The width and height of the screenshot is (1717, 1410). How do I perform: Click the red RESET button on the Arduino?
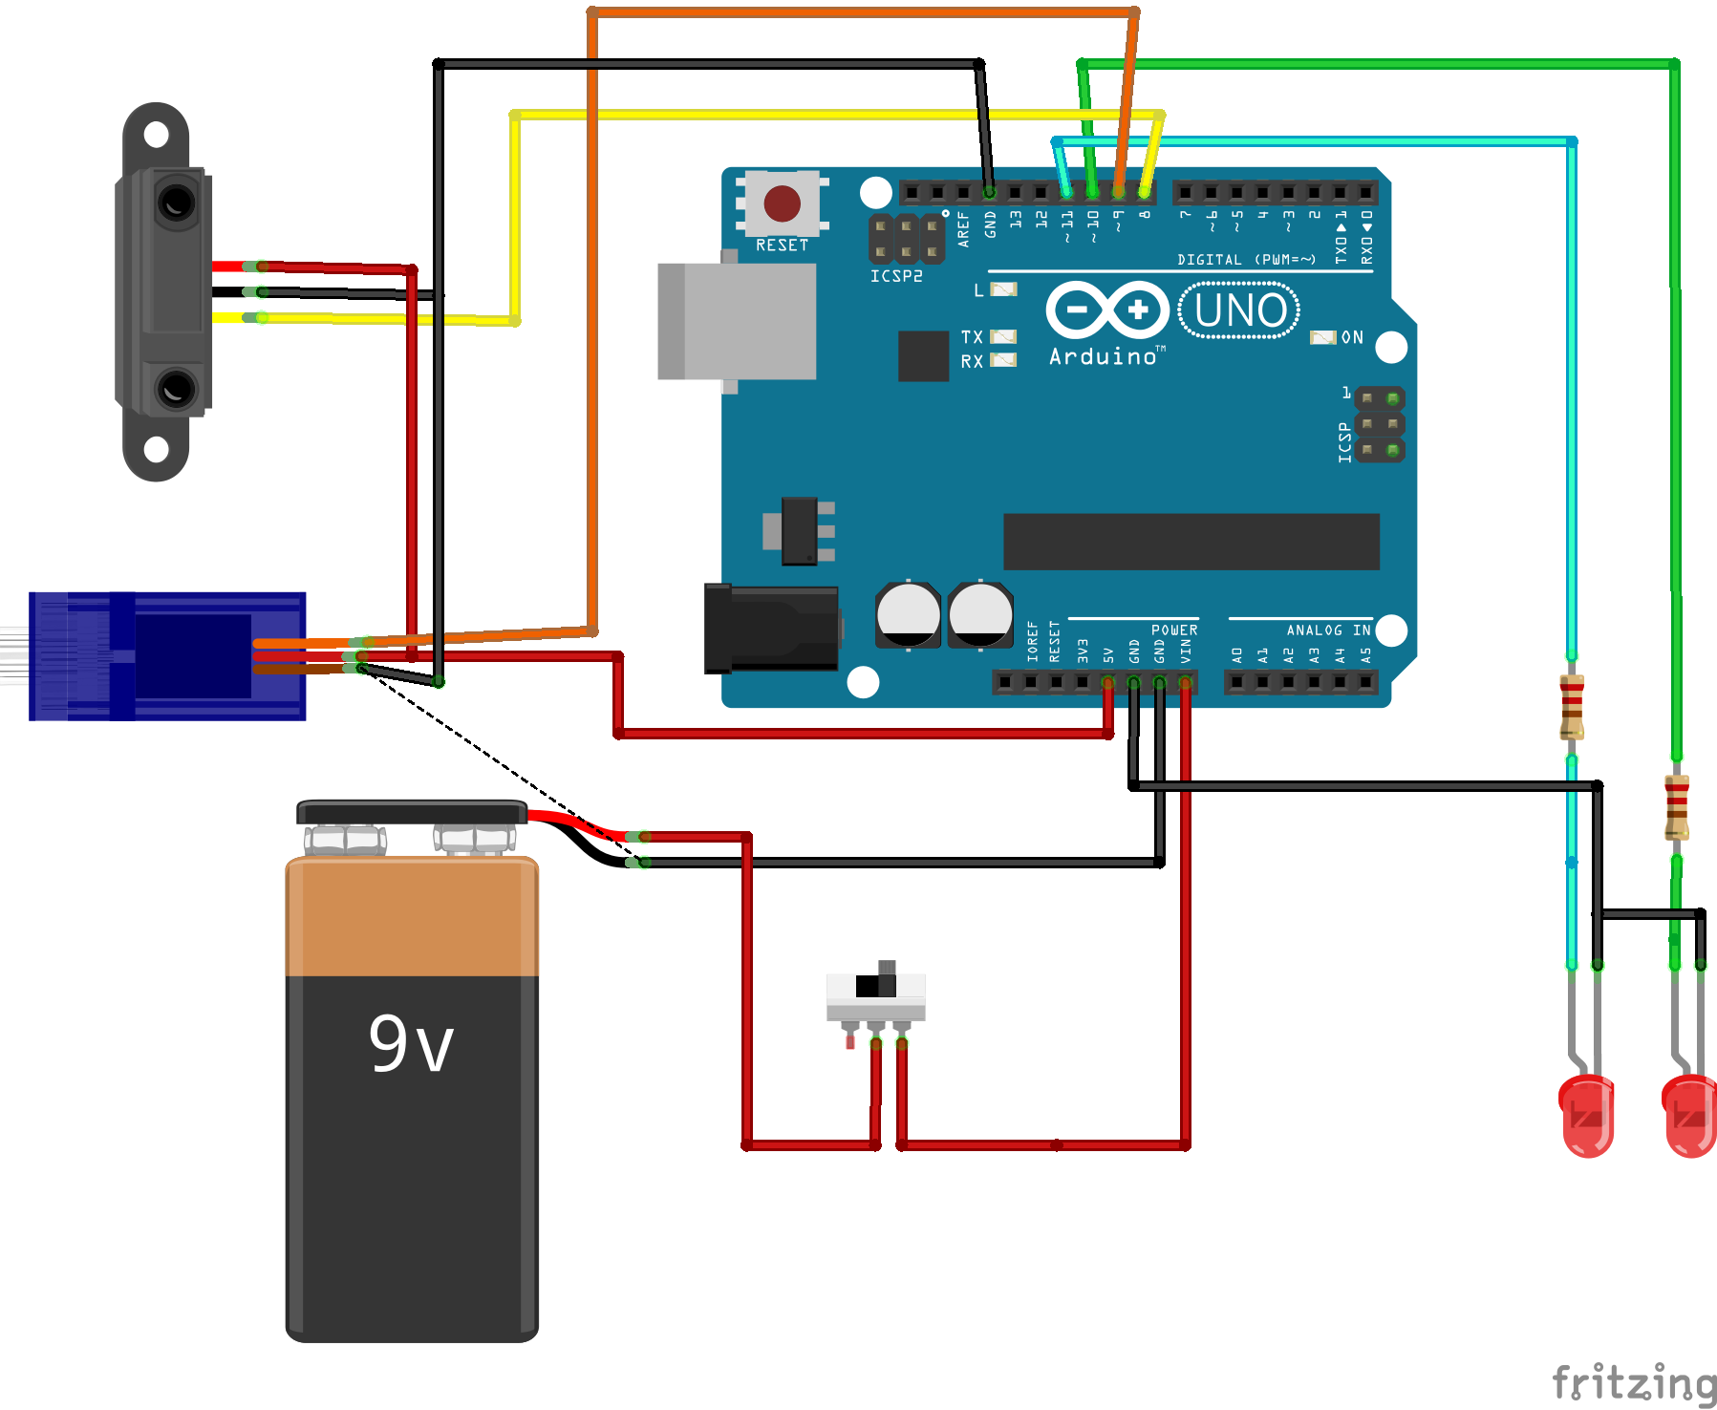tap(782, 203)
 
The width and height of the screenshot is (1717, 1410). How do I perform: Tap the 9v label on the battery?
tap(411, 1043)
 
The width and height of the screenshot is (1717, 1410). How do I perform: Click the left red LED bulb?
tap(1587, 1115)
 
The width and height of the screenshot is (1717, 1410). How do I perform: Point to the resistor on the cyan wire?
tap(1572, 707)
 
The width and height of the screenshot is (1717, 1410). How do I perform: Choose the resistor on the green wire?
tap(1677, 807)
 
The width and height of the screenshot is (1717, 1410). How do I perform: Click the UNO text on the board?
tap(1239, 310)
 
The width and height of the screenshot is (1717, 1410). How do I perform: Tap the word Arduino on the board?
tap(1104, 357)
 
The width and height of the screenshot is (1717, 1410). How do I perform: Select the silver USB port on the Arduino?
tap(737, 322)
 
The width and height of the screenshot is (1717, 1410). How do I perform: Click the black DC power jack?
tap(771, 628)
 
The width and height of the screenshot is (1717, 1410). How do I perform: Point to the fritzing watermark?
tap(1633, 1382)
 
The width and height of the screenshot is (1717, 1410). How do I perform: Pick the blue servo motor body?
tap(168, 656)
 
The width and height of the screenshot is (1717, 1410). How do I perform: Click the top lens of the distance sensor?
tap(177, 203)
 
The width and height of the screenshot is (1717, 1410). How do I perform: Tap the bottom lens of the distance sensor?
tap(177, 389)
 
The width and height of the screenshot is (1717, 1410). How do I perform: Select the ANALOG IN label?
tap(1327, 630)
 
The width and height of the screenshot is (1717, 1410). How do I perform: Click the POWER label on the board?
tap(1173, 630)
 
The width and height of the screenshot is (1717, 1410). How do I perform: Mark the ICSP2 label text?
tap(896, 276)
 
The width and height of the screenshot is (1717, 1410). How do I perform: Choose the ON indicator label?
tap(1351, 337)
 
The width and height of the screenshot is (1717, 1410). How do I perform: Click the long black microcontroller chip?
tap(1191, 542)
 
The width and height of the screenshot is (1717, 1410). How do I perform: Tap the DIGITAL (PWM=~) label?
tap(1246, 260)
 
